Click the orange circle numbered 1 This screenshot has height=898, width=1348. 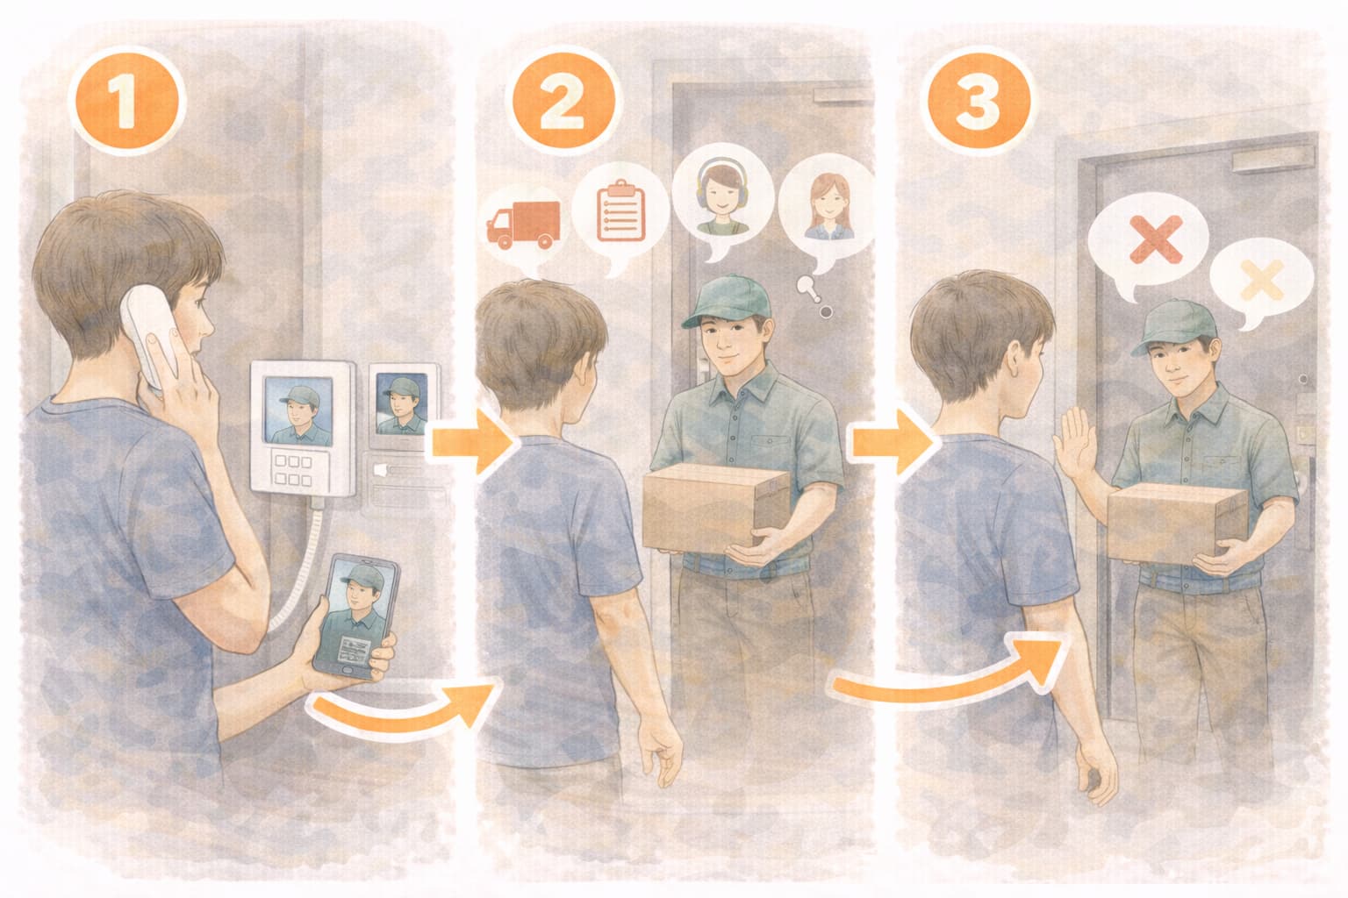[125, 101]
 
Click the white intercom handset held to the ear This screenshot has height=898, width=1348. [150, 337]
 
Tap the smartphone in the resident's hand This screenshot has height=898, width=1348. [356, 617]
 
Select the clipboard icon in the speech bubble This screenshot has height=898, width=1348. [620, 210]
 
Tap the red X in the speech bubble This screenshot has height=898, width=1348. [1156, 240]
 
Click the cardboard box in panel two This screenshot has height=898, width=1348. [715, 509]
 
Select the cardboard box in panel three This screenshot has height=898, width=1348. [1177, 524]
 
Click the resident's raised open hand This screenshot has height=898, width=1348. [1074, 442]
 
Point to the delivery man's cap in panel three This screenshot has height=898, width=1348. [1172, 326]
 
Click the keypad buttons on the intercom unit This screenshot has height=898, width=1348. [293, 470]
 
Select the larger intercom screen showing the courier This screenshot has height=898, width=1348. [298, 410]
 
